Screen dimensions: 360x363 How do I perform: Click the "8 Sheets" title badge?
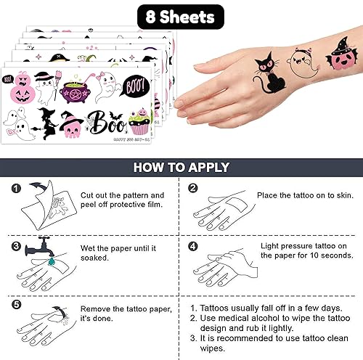[180, 15]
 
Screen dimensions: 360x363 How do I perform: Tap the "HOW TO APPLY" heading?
[181, 166]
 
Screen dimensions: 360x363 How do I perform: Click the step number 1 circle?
[16, 190]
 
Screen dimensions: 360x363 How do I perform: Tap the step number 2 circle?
[193, 190]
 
